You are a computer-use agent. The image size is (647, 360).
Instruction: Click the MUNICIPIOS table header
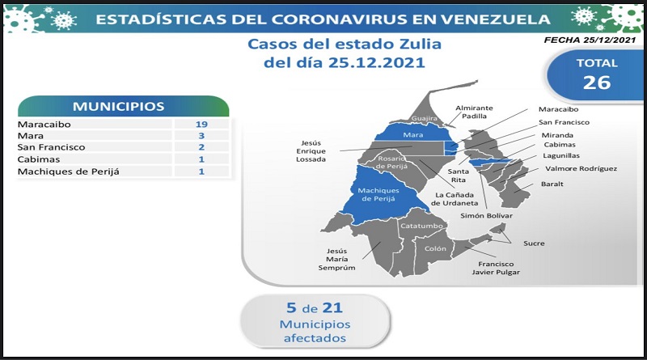[119, 107]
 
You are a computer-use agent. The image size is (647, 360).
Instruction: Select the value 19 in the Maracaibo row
[201, 125]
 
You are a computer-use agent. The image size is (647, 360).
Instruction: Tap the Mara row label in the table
[31, 136]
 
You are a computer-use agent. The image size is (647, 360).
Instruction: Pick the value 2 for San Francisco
[201, 147]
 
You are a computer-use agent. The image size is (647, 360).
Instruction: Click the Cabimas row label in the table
[39, 159]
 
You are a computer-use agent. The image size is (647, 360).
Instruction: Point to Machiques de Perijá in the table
[69, 172]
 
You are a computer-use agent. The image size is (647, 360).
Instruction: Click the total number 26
[597, 83]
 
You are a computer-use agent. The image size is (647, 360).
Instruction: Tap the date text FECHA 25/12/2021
[590, 40]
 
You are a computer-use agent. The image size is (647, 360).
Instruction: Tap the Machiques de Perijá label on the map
[378, 194]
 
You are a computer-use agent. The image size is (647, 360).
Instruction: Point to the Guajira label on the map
[424, 118]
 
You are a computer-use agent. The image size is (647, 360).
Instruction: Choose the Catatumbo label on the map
[421, 226]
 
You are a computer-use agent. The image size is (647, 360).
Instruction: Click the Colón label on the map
[435, 248]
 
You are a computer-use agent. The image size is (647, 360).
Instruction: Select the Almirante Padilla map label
[474, 112]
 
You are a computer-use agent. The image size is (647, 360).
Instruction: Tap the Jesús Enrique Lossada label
[311, 151]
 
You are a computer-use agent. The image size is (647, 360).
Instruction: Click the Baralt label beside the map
[552, 184]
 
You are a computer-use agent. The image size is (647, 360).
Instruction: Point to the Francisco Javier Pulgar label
[496, 268]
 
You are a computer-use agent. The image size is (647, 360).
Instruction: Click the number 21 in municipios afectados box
[332, 308]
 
